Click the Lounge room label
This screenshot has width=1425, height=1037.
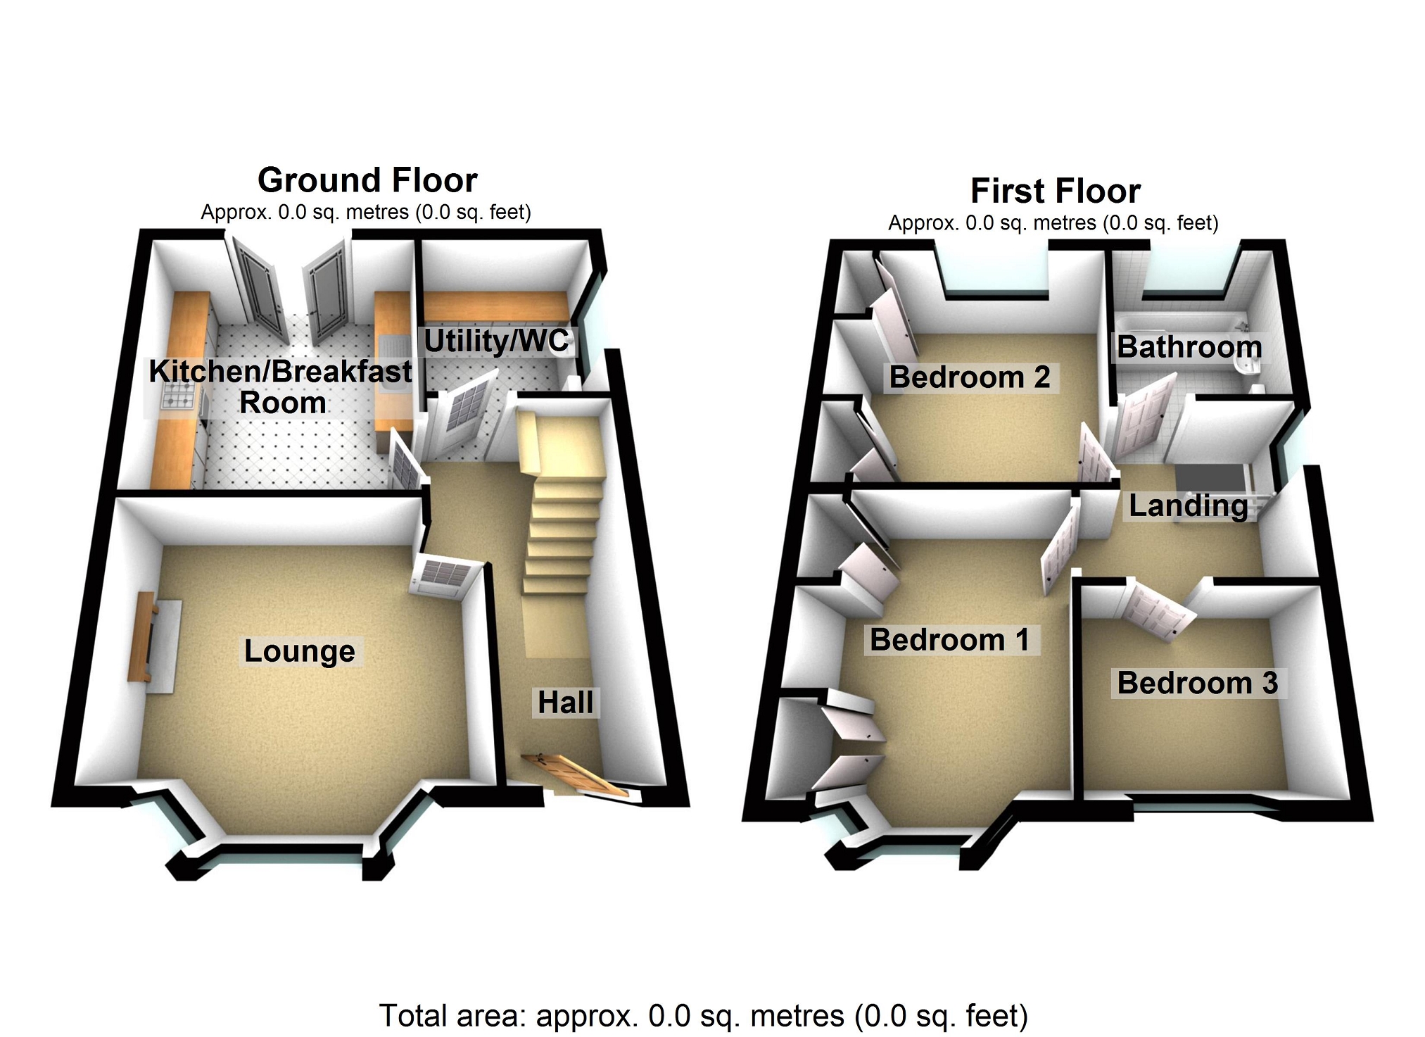(300, 651)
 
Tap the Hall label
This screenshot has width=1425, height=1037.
(565, 703)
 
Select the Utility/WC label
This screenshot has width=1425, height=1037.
(496, 341)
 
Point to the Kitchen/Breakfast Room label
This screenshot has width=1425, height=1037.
(281, 386)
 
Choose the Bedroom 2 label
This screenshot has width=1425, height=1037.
(970, 377)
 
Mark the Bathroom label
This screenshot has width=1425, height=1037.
(1189, 347)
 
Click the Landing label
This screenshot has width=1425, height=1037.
(1189, 505)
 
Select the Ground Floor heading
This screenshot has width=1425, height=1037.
(367, 180)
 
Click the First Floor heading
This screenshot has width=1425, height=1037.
(1055, 191)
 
